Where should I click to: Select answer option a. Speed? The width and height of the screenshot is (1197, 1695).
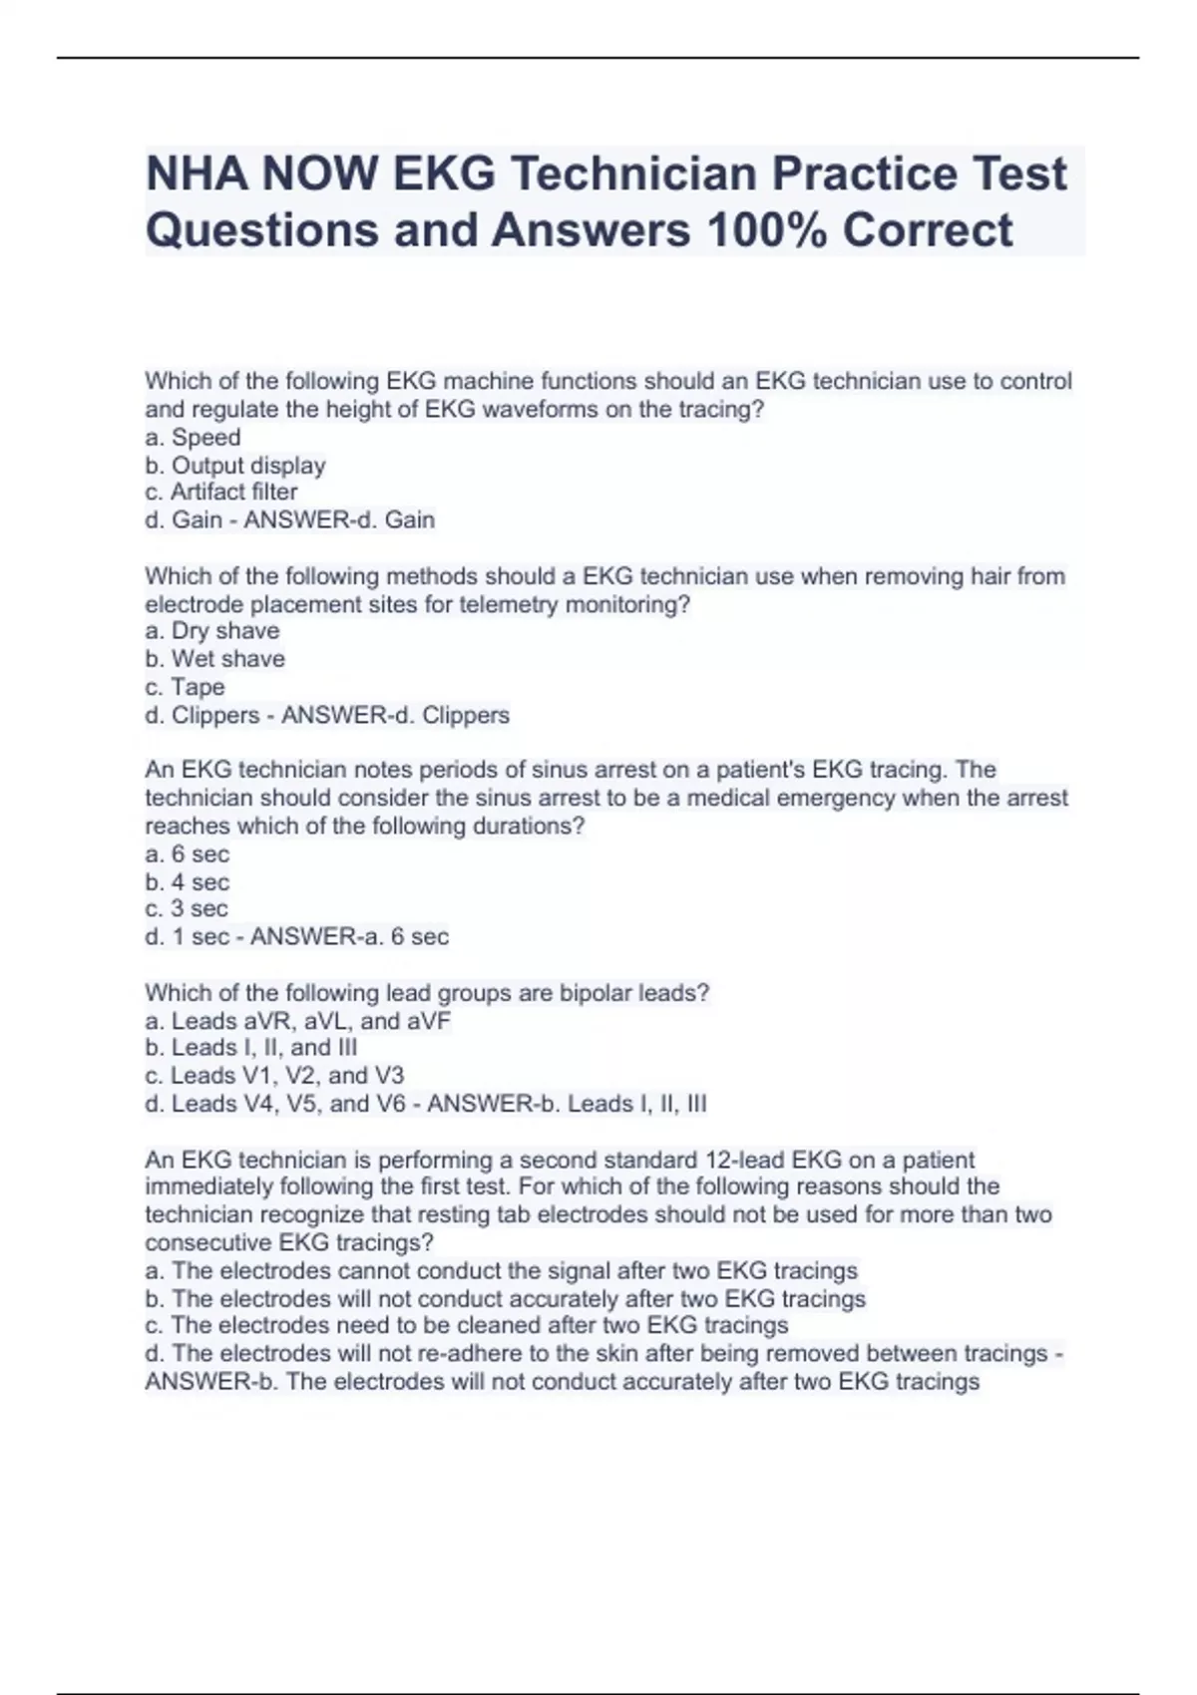coord(193,438)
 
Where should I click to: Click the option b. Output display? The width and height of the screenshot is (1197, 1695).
coord(235,466)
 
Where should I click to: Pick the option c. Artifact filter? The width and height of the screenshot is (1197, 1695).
coord(220,493)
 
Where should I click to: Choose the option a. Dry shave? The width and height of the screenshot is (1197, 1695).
coord(211,631)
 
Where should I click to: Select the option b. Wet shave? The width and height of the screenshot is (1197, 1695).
coord(214,659)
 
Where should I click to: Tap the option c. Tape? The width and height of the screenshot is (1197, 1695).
coord(185,687)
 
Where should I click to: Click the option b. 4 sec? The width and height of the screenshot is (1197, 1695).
coord(187,882)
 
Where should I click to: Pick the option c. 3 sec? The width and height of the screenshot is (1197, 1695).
coord(187,909)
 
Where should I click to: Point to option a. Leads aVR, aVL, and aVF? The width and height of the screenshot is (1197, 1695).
coord(297,1021)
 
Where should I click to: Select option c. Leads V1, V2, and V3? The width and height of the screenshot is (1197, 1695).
coord(274,1076)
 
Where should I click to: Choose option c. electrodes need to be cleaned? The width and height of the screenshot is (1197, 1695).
coord(467,1326)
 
